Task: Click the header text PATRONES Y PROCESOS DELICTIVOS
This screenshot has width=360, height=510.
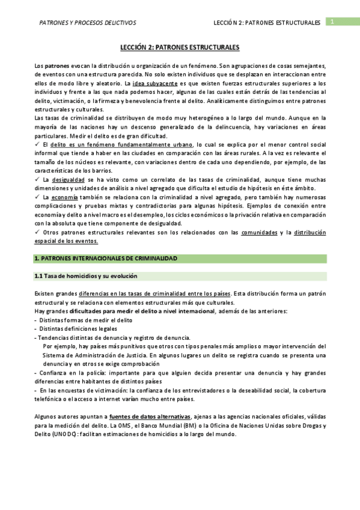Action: pos(87,23)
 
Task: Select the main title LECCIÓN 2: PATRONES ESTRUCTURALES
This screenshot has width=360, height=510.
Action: pos(180,47)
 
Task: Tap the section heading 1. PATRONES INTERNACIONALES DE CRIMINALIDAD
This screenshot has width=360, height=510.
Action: pos(106,258)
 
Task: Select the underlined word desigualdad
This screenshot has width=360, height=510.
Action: pos(68,179)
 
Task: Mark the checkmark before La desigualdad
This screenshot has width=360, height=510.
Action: pos(37,179)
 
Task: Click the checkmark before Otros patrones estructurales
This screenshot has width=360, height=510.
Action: pos(37,232)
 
